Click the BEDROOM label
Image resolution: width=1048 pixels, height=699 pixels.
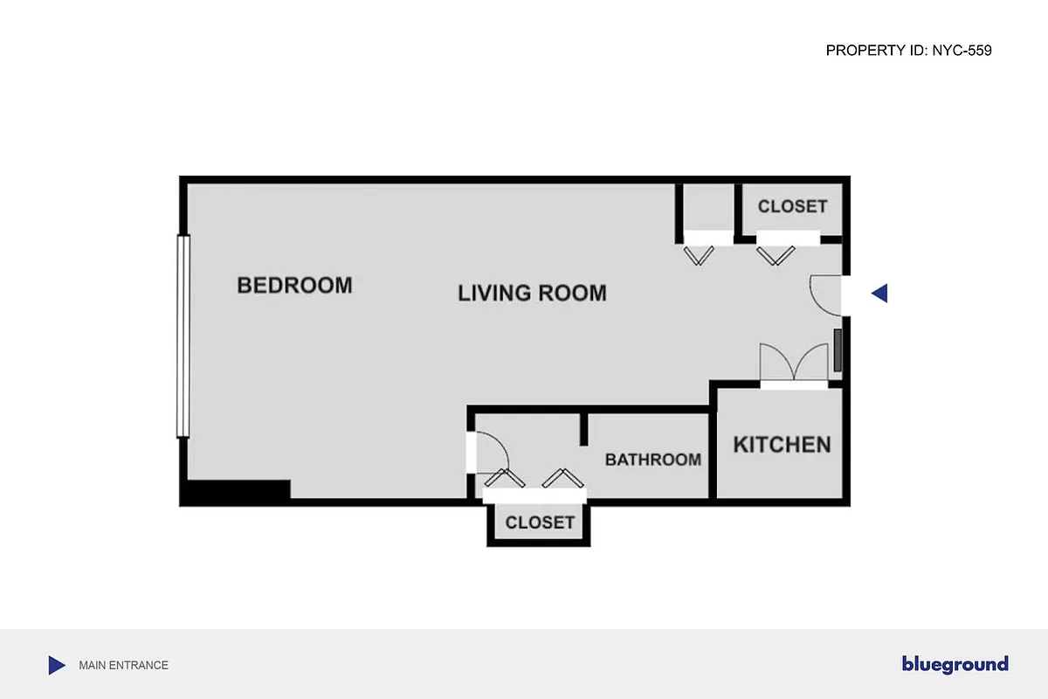pos(294,286)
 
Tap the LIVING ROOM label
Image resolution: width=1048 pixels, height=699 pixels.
pos(532,293)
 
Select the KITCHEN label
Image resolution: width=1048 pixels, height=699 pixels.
pos(782,445)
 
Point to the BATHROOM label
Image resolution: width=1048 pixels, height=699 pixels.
pos(653,460)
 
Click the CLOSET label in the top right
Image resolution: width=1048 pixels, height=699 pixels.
pos(792,207)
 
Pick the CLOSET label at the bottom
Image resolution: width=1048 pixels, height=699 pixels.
pos(540,523)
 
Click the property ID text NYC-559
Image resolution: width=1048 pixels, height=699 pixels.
pos(908,51)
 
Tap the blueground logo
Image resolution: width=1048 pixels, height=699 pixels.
pos(955,665)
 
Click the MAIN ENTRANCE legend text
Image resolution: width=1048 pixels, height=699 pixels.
pos(123,665)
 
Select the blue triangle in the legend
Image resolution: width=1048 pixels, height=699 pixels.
pos(56,665)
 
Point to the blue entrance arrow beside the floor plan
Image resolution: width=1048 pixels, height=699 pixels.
pos(880,294)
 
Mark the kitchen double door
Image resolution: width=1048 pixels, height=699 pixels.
pos(793,363)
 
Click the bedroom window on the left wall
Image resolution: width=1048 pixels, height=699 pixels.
pos(183,336)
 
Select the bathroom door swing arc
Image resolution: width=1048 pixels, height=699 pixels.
pos(491,453)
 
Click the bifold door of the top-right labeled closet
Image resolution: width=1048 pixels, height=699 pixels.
pos(776,253)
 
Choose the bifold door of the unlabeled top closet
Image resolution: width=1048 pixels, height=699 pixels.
pos(700,253)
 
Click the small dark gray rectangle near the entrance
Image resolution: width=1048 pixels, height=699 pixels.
pos(838,349)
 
